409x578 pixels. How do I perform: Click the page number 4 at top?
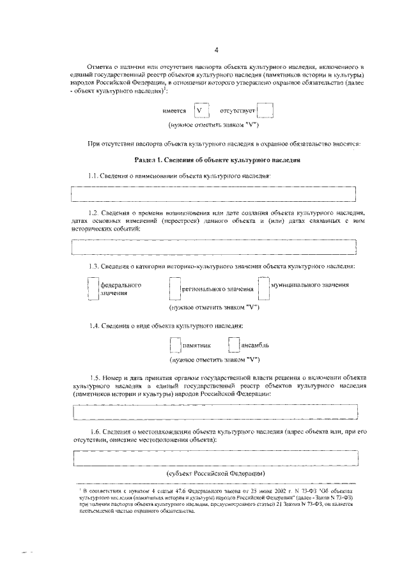tap(216, 50)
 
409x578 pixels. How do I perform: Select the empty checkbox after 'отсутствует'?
tap(266, 110)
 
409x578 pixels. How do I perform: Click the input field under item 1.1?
tap(214, 194)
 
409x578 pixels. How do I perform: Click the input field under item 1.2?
tap(214, 246)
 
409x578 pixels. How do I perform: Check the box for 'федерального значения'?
tap(93, 288)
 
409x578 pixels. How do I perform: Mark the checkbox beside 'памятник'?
tap(175, 345)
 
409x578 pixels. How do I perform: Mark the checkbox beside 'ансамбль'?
tap(233, 345)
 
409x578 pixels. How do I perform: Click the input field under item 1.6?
tap(214, 459)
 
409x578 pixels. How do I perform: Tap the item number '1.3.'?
tap(95, 266)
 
